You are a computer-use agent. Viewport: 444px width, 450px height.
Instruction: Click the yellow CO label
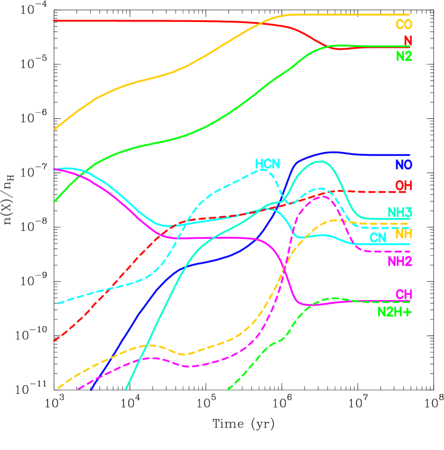click(403, 25)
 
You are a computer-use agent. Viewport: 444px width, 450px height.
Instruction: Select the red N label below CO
click(407, 41)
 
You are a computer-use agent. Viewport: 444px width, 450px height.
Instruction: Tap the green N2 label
click(403, 56)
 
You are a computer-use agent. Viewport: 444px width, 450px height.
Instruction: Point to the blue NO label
click(403, 165)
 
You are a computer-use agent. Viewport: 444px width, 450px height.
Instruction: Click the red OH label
click(403, 185)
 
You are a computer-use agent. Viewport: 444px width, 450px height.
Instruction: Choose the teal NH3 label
click(400, 212)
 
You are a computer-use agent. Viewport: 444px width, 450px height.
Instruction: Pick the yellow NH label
click(403, 233)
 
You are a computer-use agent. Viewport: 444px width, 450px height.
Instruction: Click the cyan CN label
click(378, 238)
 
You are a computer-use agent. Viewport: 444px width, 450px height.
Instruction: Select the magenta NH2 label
click(400, 261)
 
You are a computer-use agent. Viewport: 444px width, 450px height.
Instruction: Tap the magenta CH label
click(403, 295)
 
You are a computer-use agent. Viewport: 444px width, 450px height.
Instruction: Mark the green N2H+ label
click(394, 311)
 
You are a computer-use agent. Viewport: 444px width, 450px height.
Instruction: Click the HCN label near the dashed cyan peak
click(267, 164)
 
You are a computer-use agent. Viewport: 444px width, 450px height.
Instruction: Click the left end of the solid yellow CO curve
click(54, 130)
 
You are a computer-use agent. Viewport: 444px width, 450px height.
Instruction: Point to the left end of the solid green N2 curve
click(54, 201)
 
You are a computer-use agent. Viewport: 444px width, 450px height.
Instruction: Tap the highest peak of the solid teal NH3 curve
click(320, 161)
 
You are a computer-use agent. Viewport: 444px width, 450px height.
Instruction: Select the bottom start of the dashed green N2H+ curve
click(228, 389)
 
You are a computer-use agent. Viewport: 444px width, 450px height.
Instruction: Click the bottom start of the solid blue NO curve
click(91, 389)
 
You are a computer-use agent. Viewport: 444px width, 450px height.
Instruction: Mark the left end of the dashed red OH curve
click(54, 340)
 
